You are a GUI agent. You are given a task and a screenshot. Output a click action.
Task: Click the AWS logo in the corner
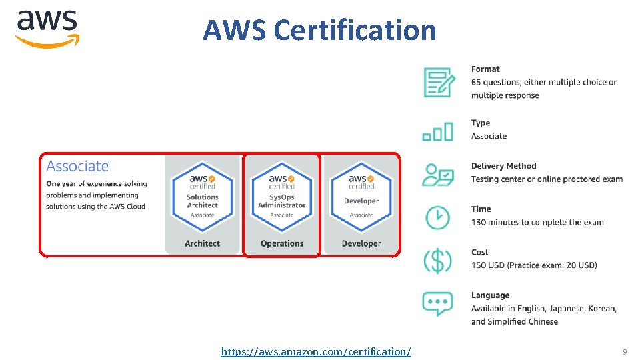pyautogui.click(x=47, y=28)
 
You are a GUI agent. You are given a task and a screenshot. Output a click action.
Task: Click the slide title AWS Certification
pyautogui.click(x=319, y=30)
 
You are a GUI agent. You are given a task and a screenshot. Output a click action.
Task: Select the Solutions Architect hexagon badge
pyautogui.click(x=202, y=194)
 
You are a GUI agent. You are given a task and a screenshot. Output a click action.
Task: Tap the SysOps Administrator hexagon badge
pyautogui.click(x=281, y=194)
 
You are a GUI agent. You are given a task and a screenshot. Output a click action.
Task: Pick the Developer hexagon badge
pyautogui.click(x=361, y=194)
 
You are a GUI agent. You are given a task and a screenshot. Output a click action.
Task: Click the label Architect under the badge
pyautogui.click(x=202, y=243)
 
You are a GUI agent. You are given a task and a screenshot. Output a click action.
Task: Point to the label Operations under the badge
pyautogui.click(x=281, y=243)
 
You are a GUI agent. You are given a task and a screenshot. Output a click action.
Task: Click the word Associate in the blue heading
pyautogui.click(x=77, y=166)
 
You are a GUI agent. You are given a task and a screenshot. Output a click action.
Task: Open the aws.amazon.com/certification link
pyautogui.click(x=316, y=351)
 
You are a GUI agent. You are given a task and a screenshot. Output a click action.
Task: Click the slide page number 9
pyautogui.click(x=625, y=351)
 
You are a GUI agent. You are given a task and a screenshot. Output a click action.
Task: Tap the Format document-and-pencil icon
pyautogui.click(x=439, y=82)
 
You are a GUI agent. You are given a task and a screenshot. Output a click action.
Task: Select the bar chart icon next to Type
pyautogui.click(x=438, y=131)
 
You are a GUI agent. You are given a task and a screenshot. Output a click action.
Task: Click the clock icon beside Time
pyautogui.click(x=437, y=216)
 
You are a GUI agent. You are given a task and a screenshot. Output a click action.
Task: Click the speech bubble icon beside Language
pyautogui.click(x=437, y=303)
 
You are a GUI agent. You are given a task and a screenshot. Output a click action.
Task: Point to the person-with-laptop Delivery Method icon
pyautogui.click(x=438, y=175)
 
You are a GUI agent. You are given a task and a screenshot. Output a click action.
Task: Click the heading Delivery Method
pyautogui.click(x=503, y=166)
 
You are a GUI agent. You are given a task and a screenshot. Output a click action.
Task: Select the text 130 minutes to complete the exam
pyautogui.click(x=537, y=222)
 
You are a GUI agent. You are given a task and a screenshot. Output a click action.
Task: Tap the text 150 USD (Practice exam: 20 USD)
pyautogui.click(x=534, y=265)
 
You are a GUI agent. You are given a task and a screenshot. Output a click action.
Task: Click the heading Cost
pyautogui.click(x=479, y=253)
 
